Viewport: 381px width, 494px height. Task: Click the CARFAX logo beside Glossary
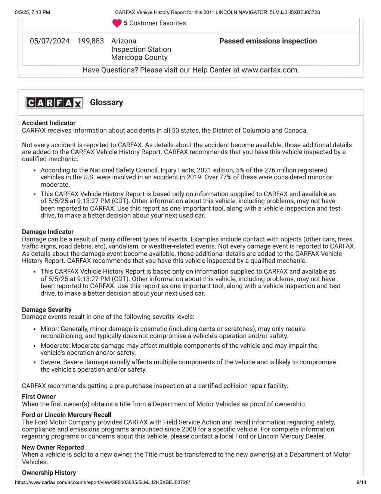point(54,103)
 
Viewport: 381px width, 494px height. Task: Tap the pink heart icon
point(117,23)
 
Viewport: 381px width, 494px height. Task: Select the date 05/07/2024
point(50,41)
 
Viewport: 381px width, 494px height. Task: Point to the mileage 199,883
point(91,41)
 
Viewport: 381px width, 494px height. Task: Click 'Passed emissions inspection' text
point(268,41)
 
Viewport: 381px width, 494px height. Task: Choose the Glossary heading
point(106,103)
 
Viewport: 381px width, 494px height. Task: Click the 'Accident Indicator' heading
point(49,123)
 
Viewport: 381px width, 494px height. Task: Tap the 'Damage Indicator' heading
point(48,232)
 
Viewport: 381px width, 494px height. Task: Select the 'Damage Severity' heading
point(47,310)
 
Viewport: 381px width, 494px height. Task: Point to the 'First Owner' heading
point(39,397)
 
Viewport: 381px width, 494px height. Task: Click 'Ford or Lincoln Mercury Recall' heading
point(67,415)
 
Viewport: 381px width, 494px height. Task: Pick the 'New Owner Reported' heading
point(53,448)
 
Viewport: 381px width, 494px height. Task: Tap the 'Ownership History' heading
point(49,473)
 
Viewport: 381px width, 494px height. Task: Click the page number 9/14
point(361,482)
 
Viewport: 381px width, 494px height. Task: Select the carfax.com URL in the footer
point(102,482)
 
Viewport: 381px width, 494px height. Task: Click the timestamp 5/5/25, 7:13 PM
point(32,12)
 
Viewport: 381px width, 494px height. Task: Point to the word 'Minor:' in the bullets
point(50,329)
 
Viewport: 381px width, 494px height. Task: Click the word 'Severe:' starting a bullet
point(51,362)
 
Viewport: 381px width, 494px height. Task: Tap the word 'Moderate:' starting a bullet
point(55,346)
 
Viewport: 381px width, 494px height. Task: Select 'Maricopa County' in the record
point(139,58)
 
